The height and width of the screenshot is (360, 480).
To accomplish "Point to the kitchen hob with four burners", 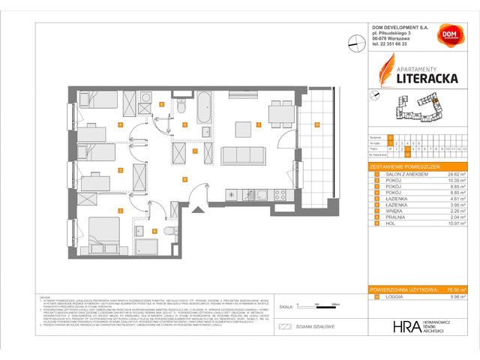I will tap(280, 195).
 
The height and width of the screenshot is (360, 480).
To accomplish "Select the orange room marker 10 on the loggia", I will tap(317, 124).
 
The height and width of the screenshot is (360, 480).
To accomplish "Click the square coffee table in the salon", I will tap(244, 130).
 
